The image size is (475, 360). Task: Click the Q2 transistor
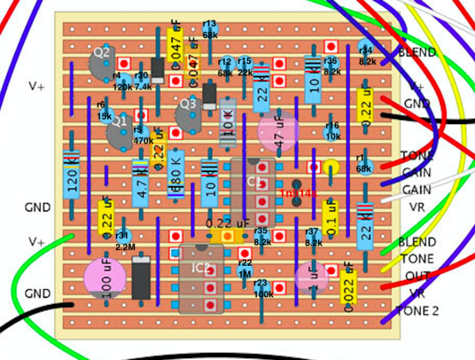tap(101, 59)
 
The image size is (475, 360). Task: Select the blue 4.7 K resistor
tap(141, 183)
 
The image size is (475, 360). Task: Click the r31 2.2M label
tap(125, 241)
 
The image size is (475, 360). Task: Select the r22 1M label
tap(245, 269)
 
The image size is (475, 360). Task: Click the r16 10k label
tap(332, 130)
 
